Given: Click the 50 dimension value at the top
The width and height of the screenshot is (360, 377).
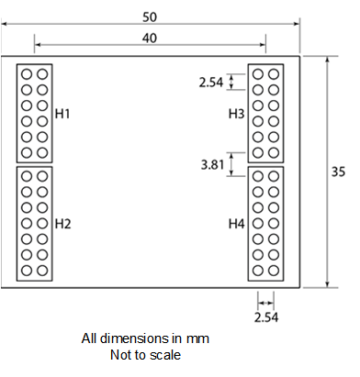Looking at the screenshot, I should (x=150, y=17).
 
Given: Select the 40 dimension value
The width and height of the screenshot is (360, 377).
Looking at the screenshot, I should (x=150, y=37).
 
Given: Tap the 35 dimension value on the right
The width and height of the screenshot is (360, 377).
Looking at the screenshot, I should (x=338, y=171).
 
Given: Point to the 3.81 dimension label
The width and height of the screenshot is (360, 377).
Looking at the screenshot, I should (x=212, y=165).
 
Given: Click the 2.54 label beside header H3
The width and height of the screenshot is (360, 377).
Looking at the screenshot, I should (x=212, y=83).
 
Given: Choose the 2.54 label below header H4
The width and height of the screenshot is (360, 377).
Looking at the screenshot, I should (x=266, y=316).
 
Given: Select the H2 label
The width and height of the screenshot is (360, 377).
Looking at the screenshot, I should (x=62, y=223).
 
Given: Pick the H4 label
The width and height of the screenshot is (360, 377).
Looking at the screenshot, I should (x=237, y=223).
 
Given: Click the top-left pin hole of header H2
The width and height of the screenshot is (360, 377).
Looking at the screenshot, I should (x=28, y=176).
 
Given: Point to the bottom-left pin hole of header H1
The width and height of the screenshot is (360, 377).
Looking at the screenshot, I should (x=28, y=152).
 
